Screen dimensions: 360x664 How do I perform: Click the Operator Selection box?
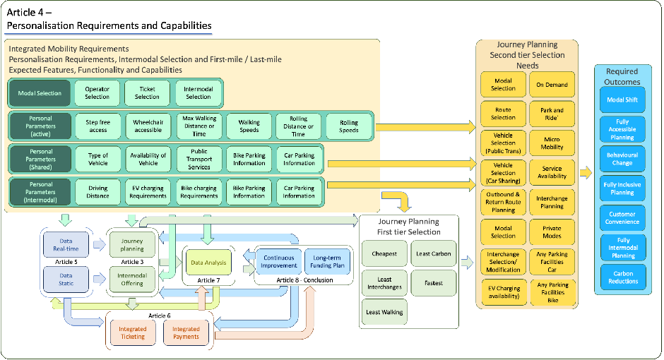click(97, 93)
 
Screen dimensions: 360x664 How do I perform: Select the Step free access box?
click(97, 126)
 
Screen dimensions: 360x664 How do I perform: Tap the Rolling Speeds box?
click(349, 126)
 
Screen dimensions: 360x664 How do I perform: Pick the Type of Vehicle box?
click(97, 160)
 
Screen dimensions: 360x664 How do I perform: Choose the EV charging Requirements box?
click(148, 192)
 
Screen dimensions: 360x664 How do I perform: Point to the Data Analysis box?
click(208, 263)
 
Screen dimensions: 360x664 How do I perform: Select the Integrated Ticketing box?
click(132, 333)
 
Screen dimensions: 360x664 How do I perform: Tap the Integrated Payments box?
click(186, 333)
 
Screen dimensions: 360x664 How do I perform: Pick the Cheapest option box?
click(384, 254)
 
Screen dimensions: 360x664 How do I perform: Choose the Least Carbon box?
click(433, 254)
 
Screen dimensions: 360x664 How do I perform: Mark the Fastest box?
click(433, 283)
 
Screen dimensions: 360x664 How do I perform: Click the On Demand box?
click(552, 85)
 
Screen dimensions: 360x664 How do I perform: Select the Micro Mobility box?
click(552, 143)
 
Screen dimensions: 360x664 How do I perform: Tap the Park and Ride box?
click(552, 114)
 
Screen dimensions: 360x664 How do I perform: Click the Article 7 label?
click(208, 280)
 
